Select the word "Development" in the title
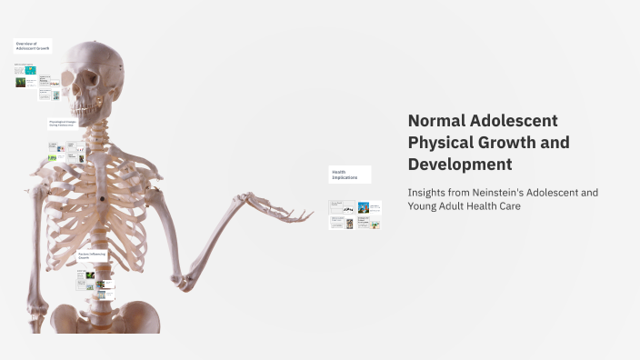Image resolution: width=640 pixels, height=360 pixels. (x=460, y=165)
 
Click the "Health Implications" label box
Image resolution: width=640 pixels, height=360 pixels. (x=350, y=175)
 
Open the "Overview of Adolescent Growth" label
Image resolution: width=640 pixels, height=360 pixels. (x=33, y=45)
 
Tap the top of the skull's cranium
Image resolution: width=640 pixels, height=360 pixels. (x=100, y=45)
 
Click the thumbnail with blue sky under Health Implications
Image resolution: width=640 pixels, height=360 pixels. (x=364, y=207)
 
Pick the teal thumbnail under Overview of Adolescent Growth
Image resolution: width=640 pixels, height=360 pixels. (x=31, y=69)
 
